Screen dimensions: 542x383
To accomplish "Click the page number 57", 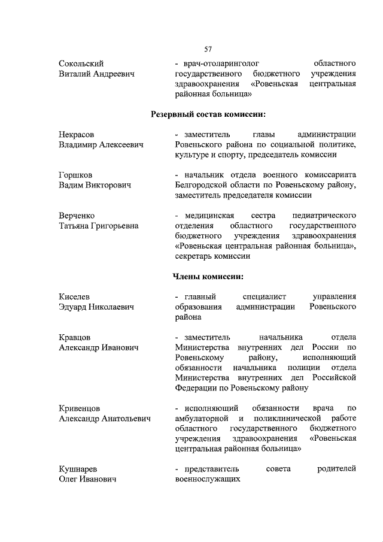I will [x=208, y=49].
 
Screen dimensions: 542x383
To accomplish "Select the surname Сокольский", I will [x=81, y=63].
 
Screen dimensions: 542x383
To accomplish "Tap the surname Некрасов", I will [x=77, y=135].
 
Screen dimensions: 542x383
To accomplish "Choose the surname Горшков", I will [x=75, y=175].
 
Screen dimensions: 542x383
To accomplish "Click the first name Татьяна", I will [x=77, y=226].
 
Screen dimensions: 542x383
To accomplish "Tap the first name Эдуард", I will [x=74, y=307].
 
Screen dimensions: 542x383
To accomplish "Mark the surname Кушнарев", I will [x=78, y=469].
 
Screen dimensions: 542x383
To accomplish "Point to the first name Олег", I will [x=69, y=479].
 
